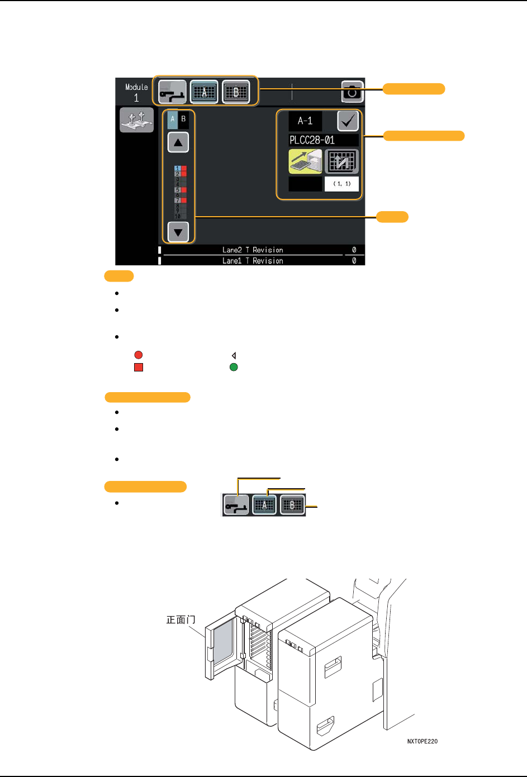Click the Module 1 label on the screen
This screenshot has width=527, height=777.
pyautogui.click(x=136, y=92)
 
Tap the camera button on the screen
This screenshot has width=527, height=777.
pyautogui.click(x=352, y=92)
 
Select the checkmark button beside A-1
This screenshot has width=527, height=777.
pyautogui.click(x=348, y=121)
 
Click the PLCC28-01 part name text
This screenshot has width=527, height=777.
pyautogui.click(x=312, y=140)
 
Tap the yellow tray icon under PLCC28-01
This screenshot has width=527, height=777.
pyautogui.click(x=305, y=161)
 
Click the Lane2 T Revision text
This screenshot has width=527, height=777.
pyautogui.click(x=253, y=250)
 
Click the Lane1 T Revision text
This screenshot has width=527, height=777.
pyautogui.click(x=253, y=261)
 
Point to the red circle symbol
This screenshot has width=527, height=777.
pyautogui.click(x=138, y=355)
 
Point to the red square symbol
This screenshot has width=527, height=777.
pyautogui.click(x=138, y=368)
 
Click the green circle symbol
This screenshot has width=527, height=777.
pyautogui.click(x=234, y=368)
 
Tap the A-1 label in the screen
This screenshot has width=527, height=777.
pyautogui.click(x=305, y=121)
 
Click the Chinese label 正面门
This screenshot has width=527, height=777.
pyautogui.click(x=181, y=619)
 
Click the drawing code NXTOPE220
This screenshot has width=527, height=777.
pyautogui.click(x=422, y=741)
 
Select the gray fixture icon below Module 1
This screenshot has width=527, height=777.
pyautogui.click(x=136, y=120)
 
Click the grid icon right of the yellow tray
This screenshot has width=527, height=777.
pyautogui.click(x=341, y=161)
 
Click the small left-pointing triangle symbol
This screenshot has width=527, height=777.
pyautogui.click(x=234, y=355)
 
